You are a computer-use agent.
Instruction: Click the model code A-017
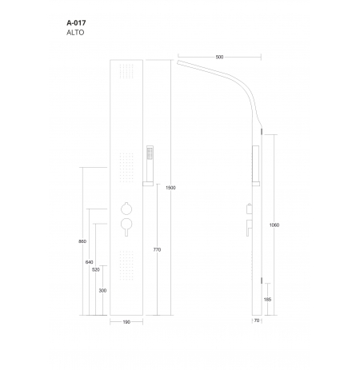click(x=76, y=22)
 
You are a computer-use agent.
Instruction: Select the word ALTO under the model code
click(x=75, y=33)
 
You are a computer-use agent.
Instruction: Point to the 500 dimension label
click(x=219, y=57)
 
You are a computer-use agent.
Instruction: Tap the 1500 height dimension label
click(x=170, y=188)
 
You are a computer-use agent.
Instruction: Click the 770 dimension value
click(x=157, y=249)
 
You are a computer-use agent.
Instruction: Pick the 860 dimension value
click(x=82, y=241)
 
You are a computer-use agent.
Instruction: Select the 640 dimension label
click(x=90, y=262)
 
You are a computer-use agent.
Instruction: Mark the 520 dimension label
click(x=96, y=269)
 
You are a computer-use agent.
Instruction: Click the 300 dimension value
click(x=102, y=290)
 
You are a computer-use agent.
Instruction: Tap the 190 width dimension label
click(x=126, y=322)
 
